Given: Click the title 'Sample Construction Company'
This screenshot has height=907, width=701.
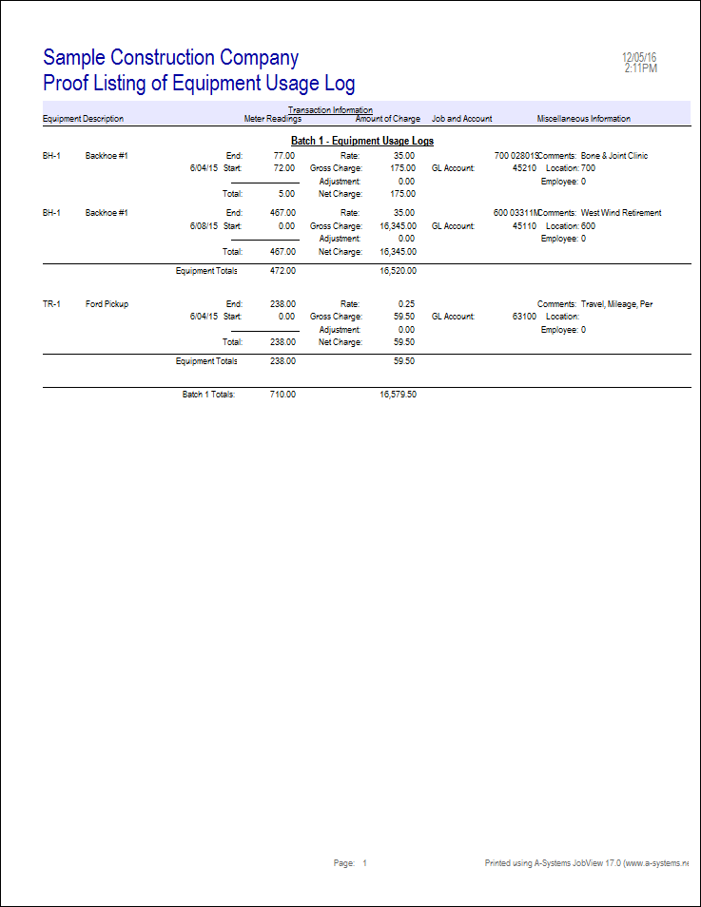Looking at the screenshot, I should (x=171, y=58).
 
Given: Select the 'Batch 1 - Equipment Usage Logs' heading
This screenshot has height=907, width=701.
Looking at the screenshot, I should (x=362, y=141).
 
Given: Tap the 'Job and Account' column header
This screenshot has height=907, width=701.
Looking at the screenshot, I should (x=462, y=119).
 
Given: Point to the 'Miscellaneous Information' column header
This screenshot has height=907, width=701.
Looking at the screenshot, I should (x=584, y=119).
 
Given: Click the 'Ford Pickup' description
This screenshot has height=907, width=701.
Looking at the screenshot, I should (x=107, y=304).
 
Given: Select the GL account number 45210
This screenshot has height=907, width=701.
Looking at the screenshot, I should (x=525, y=168).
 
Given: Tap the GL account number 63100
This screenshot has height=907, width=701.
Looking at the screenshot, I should (x=525, y=317).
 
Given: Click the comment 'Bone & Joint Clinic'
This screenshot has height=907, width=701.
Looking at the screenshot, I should (x=614, y=156).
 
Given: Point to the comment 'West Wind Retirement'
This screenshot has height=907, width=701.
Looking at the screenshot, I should (x=621, y=213).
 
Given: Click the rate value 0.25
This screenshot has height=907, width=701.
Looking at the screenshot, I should (x=406, y=304).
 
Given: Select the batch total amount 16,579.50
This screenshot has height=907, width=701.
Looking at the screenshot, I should (x=398, y=393).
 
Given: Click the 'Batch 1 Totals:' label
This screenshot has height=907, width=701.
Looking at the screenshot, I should (x=208, y=393).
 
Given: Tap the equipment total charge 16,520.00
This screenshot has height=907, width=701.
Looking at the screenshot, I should (x=398, y=270).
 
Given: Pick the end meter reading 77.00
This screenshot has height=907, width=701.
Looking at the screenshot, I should (x=283, y=156).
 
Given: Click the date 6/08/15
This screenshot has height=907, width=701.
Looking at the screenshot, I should (x=204, y=226).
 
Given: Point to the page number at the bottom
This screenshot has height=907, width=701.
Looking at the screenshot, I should (x=363, y=863).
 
